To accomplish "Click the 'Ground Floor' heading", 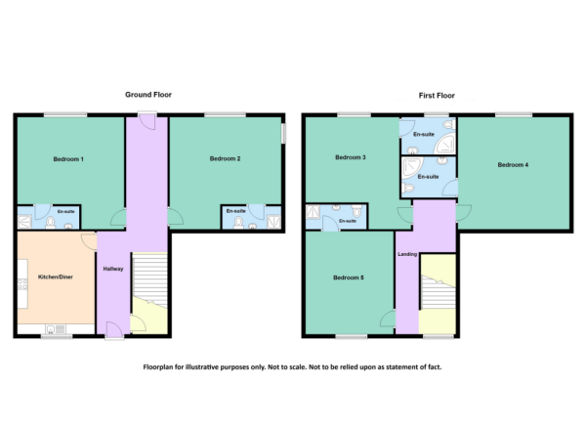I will pos(148,95).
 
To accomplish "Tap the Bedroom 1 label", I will pos(68,159).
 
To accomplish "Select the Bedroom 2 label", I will pos(225,158).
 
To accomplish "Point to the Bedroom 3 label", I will pos(351,157).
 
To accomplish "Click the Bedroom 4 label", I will pos(513,165).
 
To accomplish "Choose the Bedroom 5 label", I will pos(349,278).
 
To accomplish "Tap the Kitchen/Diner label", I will pos(56,278).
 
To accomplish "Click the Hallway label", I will pos(112,269).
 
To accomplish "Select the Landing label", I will pos(407,255).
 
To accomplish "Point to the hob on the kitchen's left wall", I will pos(21,284).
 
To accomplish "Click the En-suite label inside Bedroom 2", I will pos(235,211).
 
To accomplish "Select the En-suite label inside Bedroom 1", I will pos(66,211).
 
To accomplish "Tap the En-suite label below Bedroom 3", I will pos(347,221).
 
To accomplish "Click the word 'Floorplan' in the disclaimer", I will pos(164,367).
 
